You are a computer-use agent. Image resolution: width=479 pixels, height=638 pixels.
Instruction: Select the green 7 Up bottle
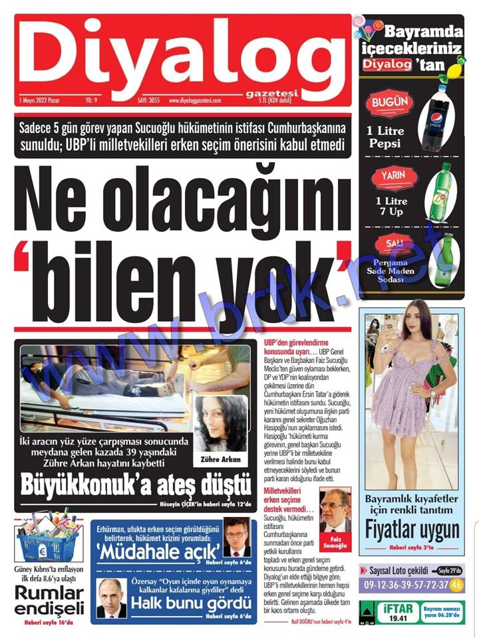[439, 192]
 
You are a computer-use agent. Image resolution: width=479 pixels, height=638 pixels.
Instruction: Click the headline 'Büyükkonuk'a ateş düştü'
[136, 485]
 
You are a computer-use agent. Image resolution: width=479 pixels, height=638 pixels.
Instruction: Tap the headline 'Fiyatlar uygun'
[412, 529]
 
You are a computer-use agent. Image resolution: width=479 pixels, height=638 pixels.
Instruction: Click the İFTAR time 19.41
[399, 617]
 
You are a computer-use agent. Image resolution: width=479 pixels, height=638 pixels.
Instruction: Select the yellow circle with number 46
[456, 585]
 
